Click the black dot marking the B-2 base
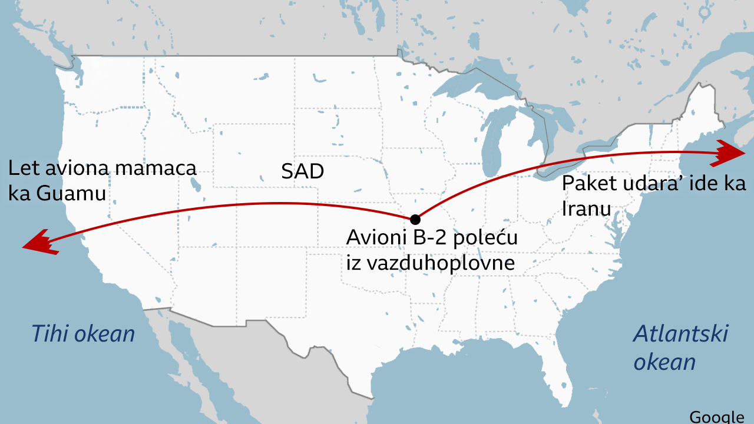pos(415,219)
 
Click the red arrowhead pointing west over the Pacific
pos(38,243)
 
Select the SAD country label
pos(303,171)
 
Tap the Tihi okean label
pos(83,334)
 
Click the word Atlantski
pos(680,334)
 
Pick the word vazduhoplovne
pos(441,263)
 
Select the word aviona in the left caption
pos(79,168)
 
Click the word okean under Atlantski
pos(664,361)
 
